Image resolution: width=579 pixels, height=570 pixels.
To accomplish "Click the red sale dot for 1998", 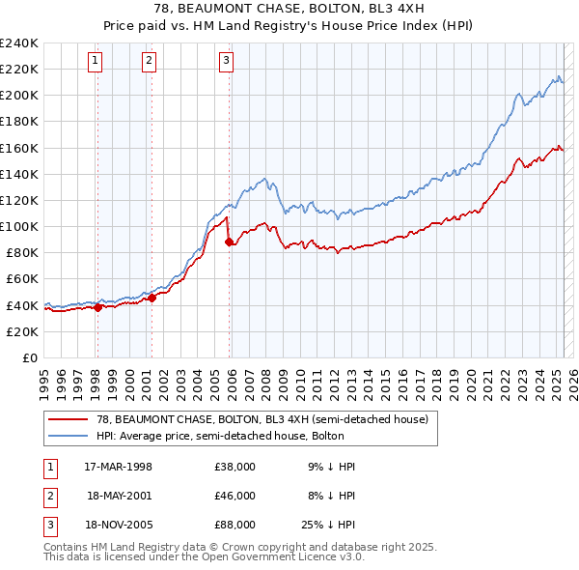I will (97, 307).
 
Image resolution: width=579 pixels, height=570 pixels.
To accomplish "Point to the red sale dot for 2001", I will (152, 298).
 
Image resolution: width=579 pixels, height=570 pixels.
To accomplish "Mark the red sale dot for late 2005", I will (229, 242).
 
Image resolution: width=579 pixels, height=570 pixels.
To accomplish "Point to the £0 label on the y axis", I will (29, 357).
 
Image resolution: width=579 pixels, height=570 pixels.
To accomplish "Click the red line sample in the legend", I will (69, 419).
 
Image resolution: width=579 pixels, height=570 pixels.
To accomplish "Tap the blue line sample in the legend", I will (69, 436).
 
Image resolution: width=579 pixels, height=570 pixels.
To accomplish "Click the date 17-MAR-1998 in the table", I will (119, 467).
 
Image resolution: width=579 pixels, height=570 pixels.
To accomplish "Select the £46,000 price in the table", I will (234, 496).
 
